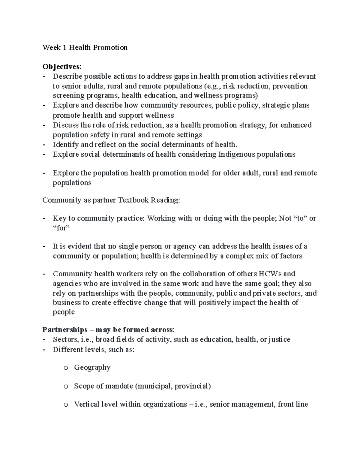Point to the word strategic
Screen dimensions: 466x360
(x=275, y=105)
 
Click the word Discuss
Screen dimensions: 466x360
(x=65, y=125)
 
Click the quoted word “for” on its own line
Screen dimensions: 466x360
(x=61, y=228)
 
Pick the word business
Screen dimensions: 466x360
(x=67, y=302)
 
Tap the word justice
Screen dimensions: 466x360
(x=279, y=340)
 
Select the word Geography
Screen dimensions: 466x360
(x=92, y=368)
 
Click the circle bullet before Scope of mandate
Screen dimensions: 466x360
(x=66, y=386)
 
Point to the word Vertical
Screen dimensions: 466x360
(x=86, y=404)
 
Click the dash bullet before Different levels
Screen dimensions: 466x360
(x=44, y=350)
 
